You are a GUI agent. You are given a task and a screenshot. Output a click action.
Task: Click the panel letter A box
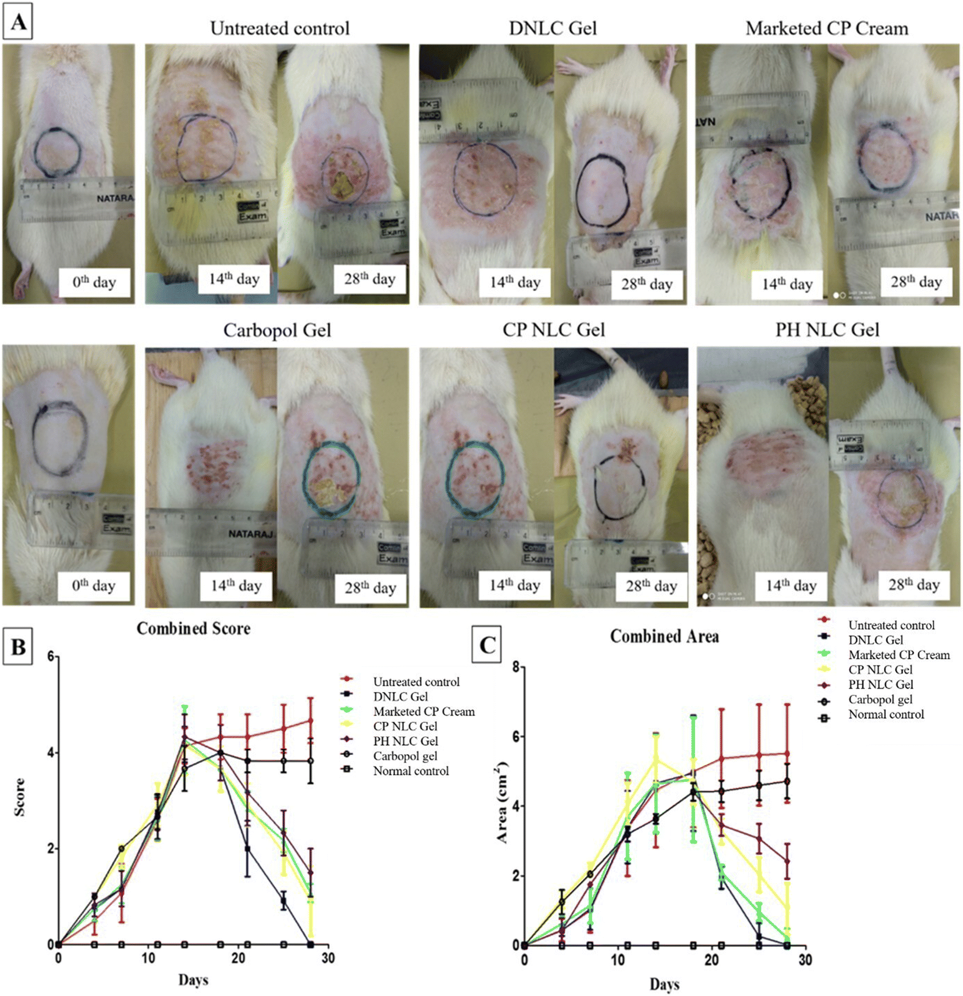pos(18,21)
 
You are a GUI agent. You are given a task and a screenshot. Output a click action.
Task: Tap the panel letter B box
pos(18,646)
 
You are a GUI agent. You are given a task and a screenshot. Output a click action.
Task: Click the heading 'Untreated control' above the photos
pos(279,28)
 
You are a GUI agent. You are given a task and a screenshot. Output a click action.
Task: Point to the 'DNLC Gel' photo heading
pos(553,28)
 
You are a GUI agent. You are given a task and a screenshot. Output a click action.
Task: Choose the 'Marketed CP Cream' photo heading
pos(827,28)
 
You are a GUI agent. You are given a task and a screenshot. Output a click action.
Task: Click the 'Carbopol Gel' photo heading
pos(277,330)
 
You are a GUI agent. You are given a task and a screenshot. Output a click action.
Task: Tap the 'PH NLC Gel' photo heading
pos(827,330)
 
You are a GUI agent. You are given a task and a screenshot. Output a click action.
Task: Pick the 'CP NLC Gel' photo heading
pos(554,330)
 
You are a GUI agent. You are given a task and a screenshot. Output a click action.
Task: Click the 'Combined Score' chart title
pos(194,628)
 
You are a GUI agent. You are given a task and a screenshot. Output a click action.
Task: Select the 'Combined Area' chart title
pos(664,636)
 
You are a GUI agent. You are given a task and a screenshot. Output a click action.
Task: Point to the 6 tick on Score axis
pos(50,657)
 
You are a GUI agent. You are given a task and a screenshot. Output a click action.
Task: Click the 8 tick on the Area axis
pos(516,666)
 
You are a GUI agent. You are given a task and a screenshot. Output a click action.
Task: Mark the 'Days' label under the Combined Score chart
pos(194,980)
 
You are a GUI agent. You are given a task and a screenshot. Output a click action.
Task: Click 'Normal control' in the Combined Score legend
pos(410,771)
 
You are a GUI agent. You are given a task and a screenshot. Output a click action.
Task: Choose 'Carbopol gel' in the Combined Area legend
pos(880,700)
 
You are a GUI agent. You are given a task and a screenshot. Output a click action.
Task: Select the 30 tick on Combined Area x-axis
pos(805,960)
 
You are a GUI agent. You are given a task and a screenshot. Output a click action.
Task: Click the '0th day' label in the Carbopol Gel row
pos(94,586)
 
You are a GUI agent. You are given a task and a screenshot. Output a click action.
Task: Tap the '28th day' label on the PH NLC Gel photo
pos(914,585)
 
